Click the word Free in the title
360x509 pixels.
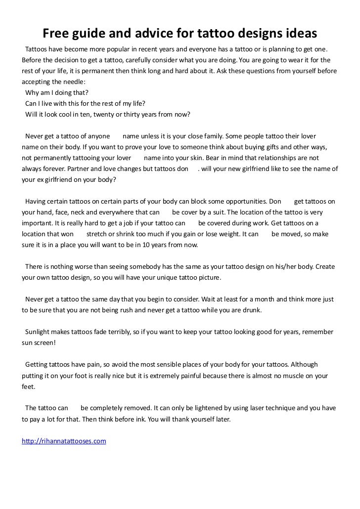click(57, 33)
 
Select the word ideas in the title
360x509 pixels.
click(298, 33)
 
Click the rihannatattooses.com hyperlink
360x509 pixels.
click(64, 441)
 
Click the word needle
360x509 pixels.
click(71, 82)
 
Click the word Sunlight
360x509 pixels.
click(39, 332)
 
